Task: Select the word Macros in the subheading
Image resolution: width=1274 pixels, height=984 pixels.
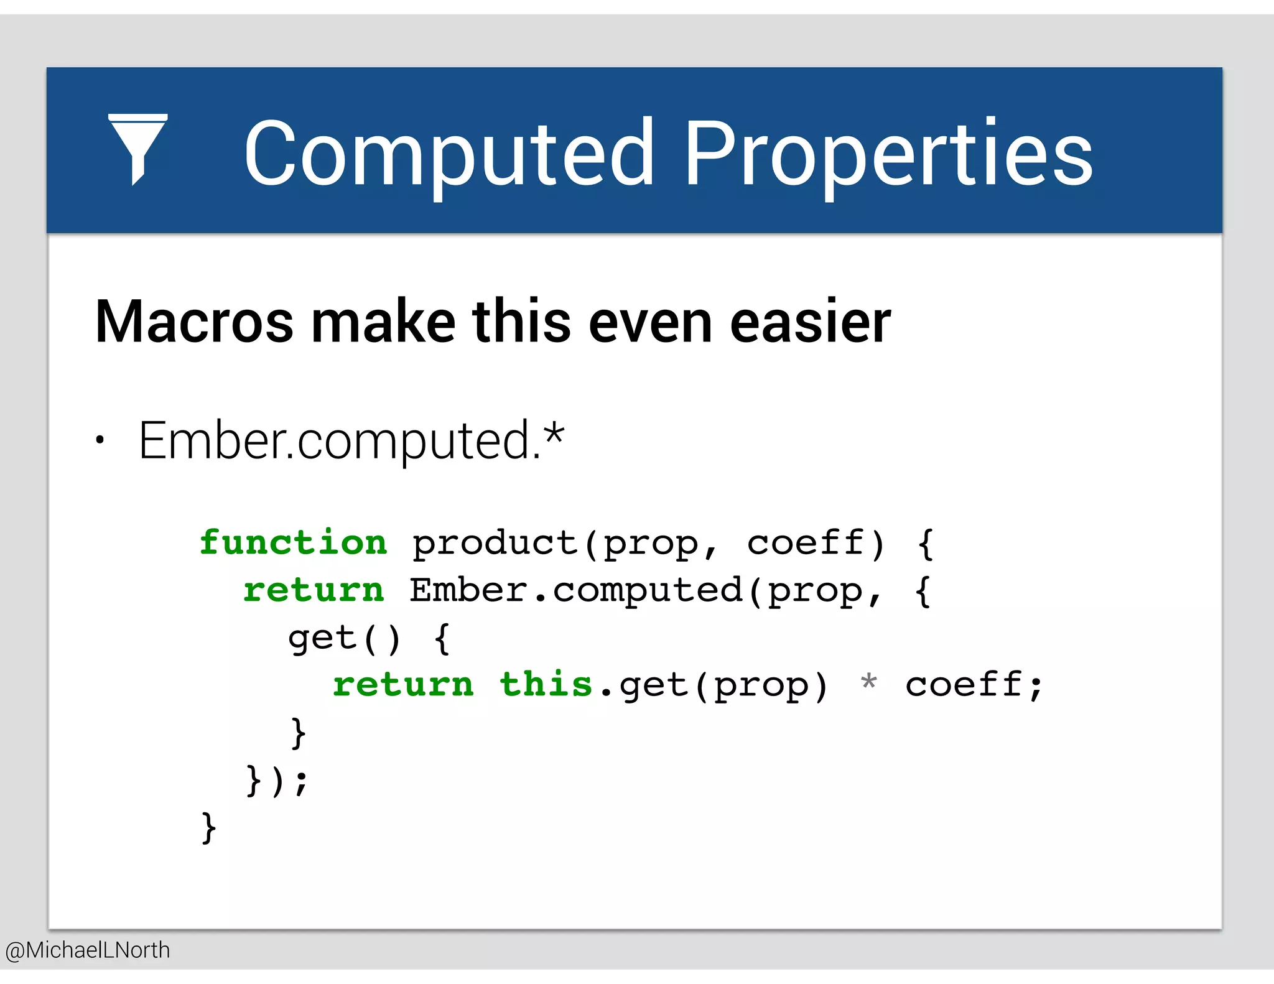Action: click(194, 322)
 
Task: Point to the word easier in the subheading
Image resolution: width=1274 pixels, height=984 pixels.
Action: click(810, 322)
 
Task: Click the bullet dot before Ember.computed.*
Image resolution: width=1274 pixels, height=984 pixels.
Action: click(100, 440)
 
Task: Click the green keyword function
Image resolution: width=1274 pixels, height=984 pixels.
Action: click(293, 542)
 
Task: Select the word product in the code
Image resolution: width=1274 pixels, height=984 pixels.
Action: click(495, 544)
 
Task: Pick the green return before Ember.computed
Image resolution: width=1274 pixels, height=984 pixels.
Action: click(314, 590)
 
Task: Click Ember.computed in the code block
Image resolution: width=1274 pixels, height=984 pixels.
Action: click(575, 590)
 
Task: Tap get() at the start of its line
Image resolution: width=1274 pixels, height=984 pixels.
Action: click(344, 638)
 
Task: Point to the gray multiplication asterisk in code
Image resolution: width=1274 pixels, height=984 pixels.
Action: click(869, 683)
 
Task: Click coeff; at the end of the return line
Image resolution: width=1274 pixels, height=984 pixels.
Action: click(974, 685)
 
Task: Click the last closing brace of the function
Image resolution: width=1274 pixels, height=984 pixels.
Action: click(208, 827)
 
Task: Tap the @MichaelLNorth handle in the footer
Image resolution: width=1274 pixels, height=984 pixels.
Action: click(88, 950)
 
